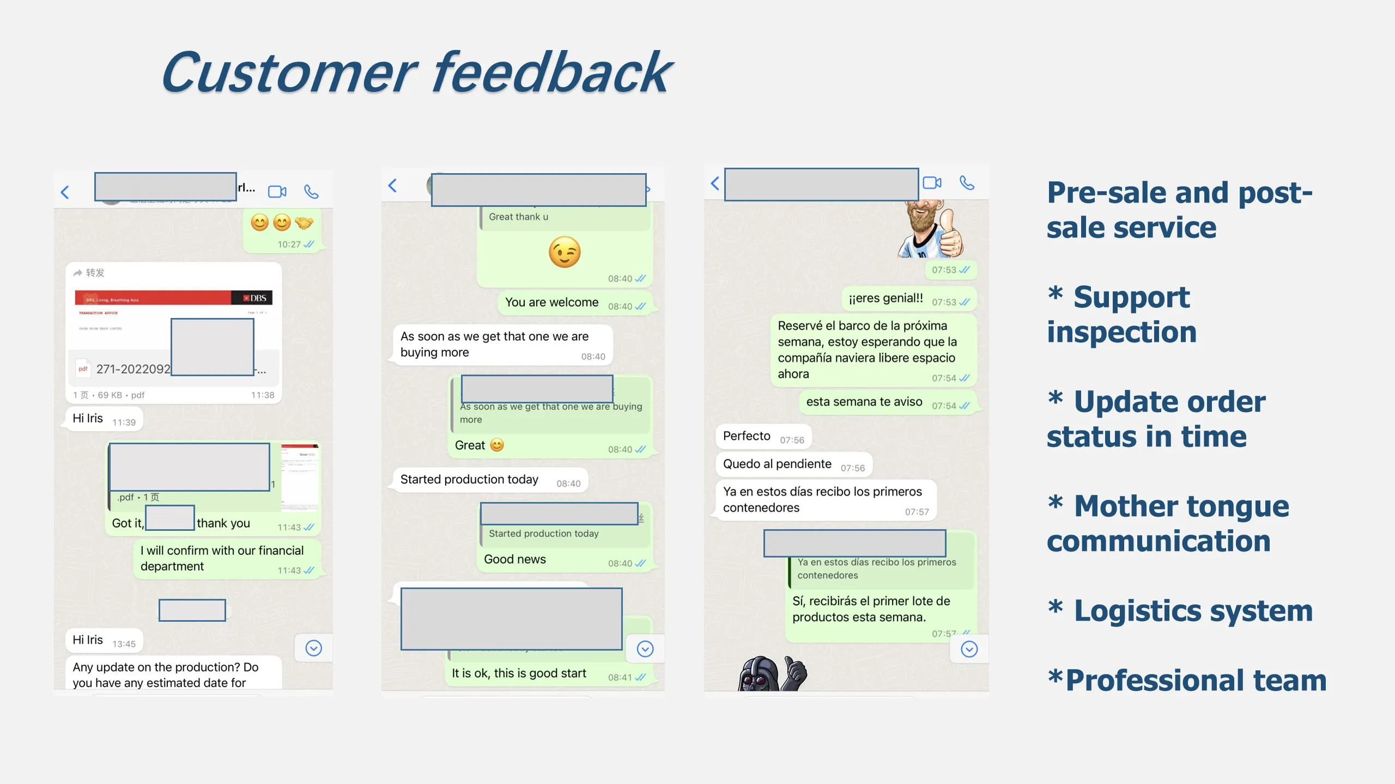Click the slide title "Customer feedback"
pos(416,73)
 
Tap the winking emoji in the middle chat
pos(565,252)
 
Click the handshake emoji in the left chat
pos(304,223)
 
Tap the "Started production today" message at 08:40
pos(469,480)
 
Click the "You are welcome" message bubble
pos(551,303)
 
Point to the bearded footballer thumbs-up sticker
pos(931,229)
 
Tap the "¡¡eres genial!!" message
pos(885,298)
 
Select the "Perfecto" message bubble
pos(747,436)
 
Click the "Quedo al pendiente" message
pos(777,464)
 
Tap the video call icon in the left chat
pos(277,192)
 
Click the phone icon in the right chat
pos(967,182)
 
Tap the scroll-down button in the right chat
pos(969,649)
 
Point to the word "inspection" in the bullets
pos(1121,332)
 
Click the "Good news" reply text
pos(515,560)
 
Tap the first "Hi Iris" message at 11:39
pos(88,418)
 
